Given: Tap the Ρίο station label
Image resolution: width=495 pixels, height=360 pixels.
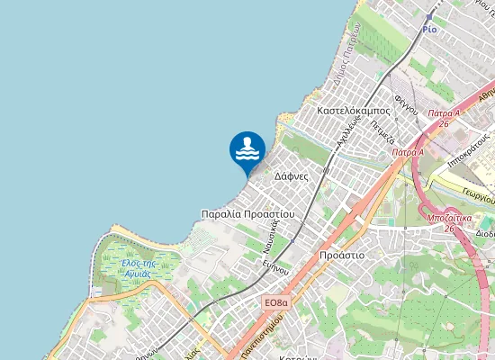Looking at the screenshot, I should tap(429, 29).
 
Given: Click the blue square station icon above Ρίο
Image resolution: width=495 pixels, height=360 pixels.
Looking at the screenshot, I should tap(429, 16).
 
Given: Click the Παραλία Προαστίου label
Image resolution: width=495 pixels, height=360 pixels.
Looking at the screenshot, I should tap(247, 215).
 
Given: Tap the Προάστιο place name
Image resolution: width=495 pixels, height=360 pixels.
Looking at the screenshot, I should tap(342, 256).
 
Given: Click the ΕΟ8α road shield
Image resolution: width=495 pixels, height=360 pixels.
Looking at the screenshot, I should tap(277, 303).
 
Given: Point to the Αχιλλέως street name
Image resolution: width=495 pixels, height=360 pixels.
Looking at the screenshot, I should tap(347, 130).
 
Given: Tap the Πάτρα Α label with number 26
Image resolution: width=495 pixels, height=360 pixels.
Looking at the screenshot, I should tap(444, 118).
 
